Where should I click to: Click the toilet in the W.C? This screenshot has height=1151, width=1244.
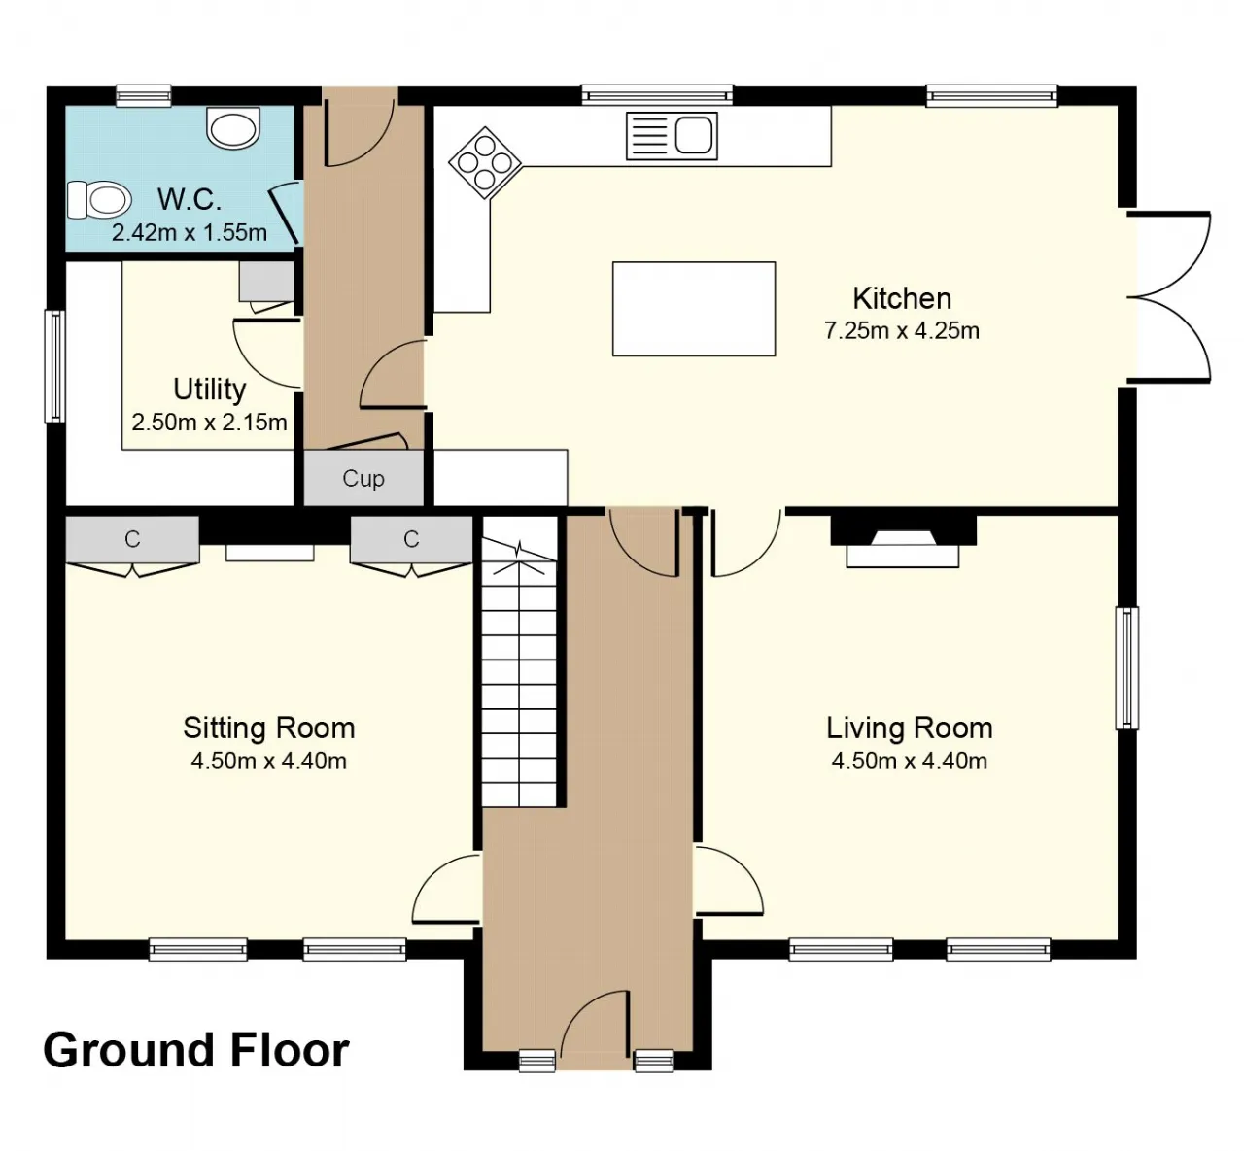pos(99,200)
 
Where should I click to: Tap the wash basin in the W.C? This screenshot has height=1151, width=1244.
pos(232,128)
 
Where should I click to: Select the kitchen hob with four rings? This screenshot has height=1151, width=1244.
pos(485,163)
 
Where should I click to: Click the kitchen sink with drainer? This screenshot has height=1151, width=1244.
pos(672,136)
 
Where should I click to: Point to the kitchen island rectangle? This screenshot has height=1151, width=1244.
pos(694,309)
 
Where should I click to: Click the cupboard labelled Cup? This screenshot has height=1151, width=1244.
pos(363,478)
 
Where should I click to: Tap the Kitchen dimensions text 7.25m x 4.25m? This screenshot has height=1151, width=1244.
pos(902,330)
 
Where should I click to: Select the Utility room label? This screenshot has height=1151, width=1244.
pos(209,389)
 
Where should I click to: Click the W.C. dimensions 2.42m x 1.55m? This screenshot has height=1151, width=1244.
pos(190,232)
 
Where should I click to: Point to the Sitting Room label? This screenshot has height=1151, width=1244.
pos(269,728)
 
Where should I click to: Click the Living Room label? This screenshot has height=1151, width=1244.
pos(910,728)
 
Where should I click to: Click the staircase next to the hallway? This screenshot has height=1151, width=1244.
pos(519,661)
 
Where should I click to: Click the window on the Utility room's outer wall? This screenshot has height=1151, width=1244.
pos(55,366)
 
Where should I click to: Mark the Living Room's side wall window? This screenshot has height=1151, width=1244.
pos(1126,667)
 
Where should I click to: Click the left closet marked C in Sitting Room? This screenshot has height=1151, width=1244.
pos(133,539)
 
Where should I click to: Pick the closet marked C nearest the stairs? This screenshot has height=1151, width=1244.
pos(411,539)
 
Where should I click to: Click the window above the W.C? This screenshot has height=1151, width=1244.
pos(144,95)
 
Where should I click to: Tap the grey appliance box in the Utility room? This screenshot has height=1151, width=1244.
pos(266,281)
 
